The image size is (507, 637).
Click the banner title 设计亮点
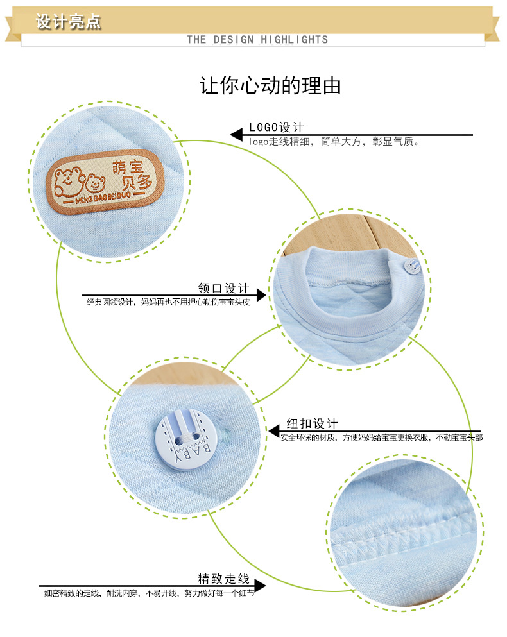coord(69,22)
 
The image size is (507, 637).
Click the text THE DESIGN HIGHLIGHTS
coord(257,40)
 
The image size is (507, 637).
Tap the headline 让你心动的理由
coord(271,86)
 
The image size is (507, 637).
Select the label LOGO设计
coord(277,127)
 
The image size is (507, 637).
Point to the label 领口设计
coord(223,289)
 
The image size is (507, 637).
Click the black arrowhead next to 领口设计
coord(261,295)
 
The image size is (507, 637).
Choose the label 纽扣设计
coord(312,423)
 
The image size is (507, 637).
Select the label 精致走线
coord(223,578)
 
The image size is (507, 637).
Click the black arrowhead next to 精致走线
coord(260,585)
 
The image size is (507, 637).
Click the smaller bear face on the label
coord(96,184)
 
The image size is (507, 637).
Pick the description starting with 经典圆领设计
coord(168,302)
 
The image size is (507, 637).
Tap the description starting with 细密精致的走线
coord(150,593)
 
